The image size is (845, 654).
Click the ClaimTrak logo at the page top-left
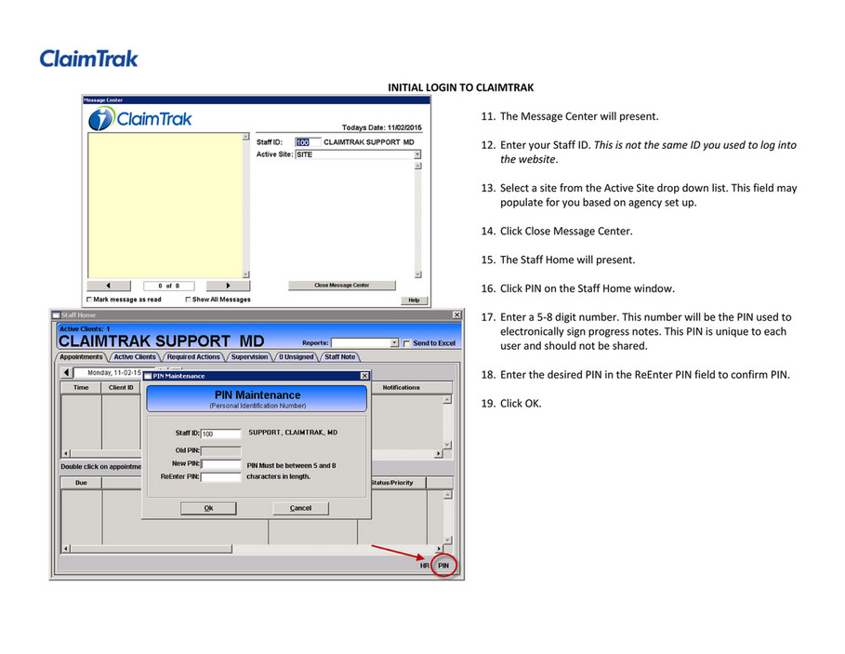click(x=88, y=59)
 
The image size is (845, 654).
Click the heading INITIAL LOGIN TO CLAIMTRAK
click(x=459, y=87)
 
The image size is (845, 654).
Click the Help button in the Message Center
click(x=413, y=300)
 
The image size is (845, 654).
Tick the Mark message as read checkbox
click(x=89, y=300)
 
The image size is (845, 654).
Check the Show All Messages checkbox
click(x=188, y=300)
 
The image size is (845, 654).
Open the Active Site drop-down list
click(x=417, y=154)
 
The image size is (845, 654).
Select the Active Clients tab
click(x=135, y=356)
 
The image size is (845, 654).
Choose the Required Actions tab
click(x=193, y=356)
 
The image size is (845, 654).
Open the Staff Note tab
click(x=339, y=356)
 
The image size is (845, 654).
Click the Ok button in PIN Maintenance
click(x=208, y=508)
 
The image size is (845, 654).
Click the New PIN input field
click(x=221, y=463)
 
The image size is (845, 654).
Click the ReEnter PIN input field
click(x=221, y=476)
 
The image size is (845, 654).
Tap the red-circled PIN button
click(x=443, y=565)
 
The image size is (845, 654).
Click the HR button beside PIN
click(x=425, y=565)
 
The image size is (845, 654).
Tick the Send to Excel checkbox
click(x=406, y=343)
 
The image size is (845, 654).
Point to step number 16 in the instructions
click(x=487, y=288)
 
